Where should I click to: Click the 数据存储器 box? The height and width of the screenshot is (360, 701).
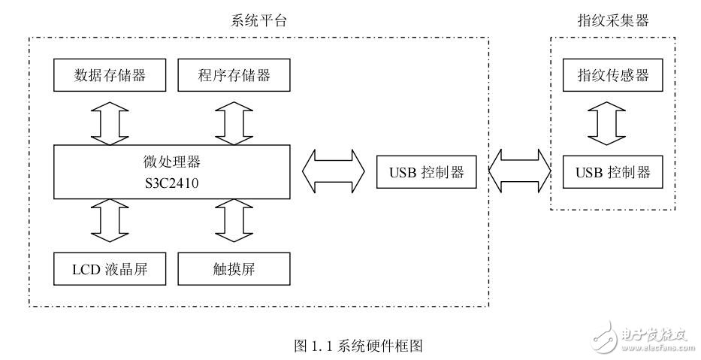[110, 75]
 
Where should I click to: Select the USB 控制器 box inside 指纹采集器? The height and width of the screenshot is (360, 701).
[612, 173]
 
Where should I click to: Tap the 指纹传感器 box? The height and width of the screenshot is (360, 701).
[612, 75]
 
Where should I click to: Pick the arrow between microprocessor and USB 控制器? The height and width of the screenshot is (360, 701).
[334, 172]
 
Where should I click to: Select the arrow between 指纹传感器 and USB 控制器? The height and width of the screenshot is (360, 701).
[612, 124]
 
